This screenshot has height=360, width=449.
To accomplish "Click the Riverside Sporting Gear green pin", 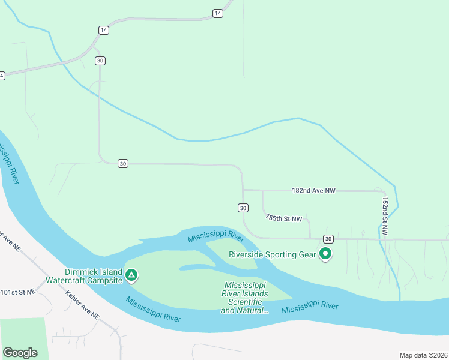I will pos(326,254).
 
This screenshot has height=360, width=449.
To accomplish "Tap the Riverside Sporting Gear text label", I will pos(272,254).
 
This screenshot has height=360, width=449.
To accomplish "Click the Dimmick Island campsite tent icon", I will pos(132,276).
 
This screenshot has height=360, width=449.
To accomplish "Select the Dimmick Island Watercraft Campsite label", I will pos(93,275).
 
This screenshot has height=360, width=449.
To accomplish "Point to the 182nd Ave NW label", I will pos(313,191).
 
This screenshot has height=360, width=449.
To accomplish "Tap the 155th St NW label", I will pos(284,219).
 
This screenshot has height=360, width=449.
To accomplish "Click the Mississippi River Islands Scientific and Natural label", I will pos(244,298).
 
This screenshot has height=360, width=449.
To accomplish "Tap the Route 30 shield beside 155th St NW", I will pos(243,208).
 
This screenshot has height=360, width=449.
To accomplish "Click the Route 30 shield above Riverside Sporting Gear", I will pos(328,239).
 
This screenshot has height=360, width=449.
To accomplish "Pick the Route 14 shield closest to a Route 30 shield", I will pos(104,30).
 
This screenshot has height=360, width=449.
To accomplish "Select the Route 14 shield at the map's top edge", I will pos(217,13).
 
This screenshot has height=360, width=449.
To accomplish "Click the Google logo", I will pos(20,353).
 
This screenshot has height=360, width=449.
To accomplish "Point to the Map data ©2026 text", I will pos(423,355).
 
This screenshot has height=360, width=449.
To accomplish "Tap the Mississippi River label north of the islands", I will pos(215,234).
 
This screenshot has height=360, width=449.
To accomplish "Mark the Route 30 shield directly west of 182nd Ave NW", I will pos(122,163).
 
